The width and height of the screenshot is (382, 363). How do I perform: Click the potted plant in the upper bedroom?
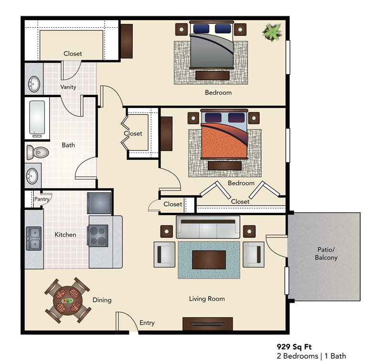[x=272, y=33]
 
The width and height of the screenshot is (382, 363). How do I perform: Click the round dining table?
[x=67, y=300]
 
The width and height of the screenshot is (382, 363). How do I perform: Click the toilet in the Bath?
[x=37, y=153]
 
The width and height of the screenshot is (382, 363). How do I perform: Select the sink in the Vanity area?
[x=33, y=85]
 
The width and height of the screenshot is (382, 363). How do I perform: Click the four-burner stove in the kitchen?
[x=97, y=236]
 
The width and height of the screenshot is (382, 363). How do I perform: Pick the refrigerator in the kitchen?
[x=99, y=203]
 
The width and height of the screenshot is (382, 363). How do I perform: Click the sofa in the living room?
[x=208, y=227]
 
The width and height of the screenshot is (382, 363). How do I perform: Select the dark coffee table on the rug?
[x=208, y=260]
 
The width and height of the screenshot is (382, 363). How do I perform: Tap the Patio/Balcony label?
[x=326, y=253]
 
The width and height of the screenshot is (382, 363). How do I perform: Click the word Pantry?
[x=42, y=199]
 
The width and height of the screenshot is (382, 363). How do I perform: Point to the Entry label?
[x=147, y=323]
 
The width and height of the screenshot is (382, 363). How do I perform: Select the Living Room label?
[x=207, y=299]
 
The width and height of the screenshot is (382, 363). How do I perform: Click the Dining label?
[x=102, y=300]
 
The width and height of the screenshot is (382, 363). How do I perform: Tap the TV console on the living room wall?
[x=207, y=324]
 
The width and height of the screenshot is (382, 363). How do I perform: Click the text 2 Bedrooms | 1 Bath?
[x=311, y=356]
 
